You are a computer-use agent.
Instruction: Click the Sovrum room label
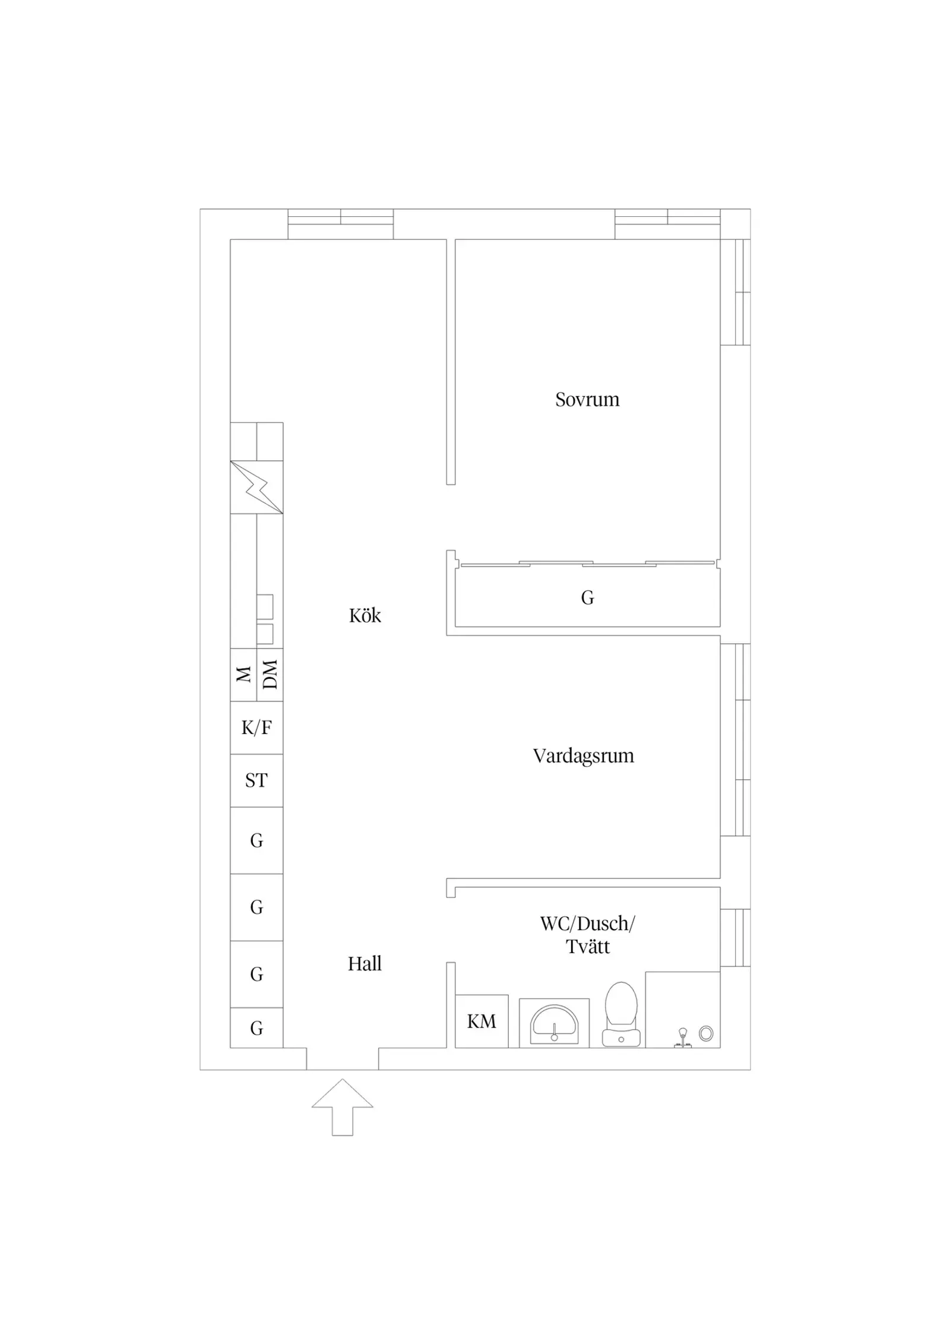tap(587, 400)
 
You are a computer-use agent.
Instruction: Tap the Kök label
tap(365, 615)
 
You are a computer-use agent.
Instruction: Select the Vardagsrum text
tap(583, 756)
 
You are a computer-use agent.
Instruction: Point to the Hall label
tap(365, 963)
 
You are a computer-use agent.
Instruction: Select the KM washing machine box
tap(482, 1021)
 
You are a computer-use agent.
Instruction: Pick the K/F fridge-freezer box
tap(256, 728)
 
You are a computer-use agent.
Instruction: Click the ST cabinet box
tap(256, 780)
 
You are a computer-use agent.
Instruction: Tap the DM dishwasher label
tap(270, 675)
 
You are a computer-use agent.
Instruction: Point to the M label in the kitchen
tap(243, 675)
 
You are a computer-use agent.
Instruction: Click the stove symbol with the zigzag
tap(256, 487)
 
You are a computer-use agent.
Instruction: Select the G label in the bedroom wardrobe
tap(587, 597)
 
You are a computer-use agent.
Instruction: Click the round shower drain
tap(706, 1033)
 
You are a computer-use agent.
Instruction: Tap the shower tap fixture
tap(683, 1038)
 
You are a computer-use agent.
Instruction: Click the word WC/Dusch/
tap(587, 924)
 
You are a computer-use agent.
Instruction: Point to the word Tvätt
tap(588, 947)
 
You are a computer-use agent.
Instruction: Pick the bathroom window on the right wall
tap(736, 938)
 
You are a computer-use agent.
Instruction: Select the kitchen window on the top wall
tap(341, 224)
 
